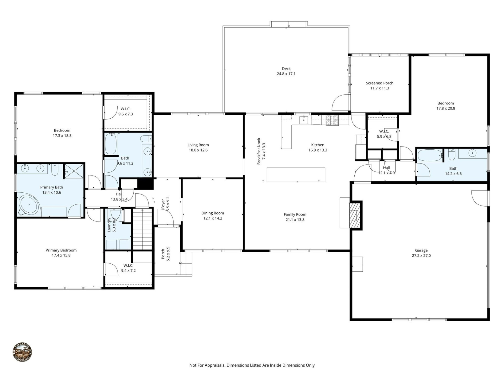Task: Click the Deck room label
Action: pyautogui.click(x=286, y=69)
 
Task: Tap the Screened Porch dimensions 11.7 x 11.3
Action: pyautogui.click(x=380, y=88)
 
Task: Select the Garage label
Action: pyautogui.click(x=421, y=250)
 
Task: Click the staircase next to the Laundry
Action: pyautogui.click(x=142, y=228)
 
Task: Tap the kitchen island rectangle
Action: pyautogui.click(x=296, y=175)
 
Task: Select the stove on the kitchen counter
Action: pyautogui.click(x=332, y=120)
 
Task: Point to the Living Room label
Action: pyautogui.click(x=198, y=145)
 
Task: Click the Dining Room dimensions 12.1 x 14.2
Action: pyautogui.click(x=213, y=218)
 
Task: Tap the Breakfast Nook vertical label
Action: pyautogui.click(x=259, y=151)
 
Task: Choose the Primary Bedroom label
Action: pyautogui.click(x=61, y=250)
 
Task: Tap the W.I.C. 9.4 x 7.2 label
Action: pyautogui.click(x=128, y=266)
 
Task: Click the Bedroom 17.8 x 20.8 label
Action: pyautogui.click(x=445, y=103)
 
